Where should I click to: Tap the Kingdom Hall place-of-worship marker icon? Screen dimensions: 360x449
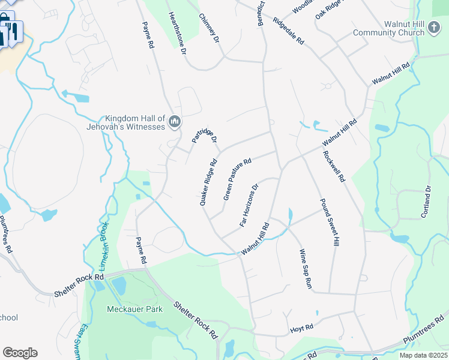[x=175, y=122]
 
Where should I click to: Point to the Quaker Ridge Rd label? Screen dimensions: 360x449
[x=208, y=182]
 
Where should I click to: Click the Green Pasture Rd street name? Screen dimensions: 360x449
[x=237, y=179]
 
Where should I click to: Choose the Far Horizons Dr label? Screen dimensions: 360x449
[x=249, y=205]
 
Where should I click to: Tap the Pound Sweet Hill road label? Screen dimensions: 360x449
[x=330, y=222]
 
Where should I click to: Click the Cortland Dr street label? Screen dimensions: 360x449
[x=427, y=201]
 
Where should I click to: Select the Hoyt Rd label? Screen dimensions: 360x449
[x=301, y=328]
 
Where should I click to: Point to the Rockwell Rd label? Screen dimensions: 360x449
[x=334, y=166]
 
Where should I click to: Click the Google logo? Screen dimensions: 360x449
[x=20, y=353]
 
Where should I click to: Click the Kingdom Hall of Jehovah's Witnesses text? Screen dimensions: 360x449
[x=134, y=122]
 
